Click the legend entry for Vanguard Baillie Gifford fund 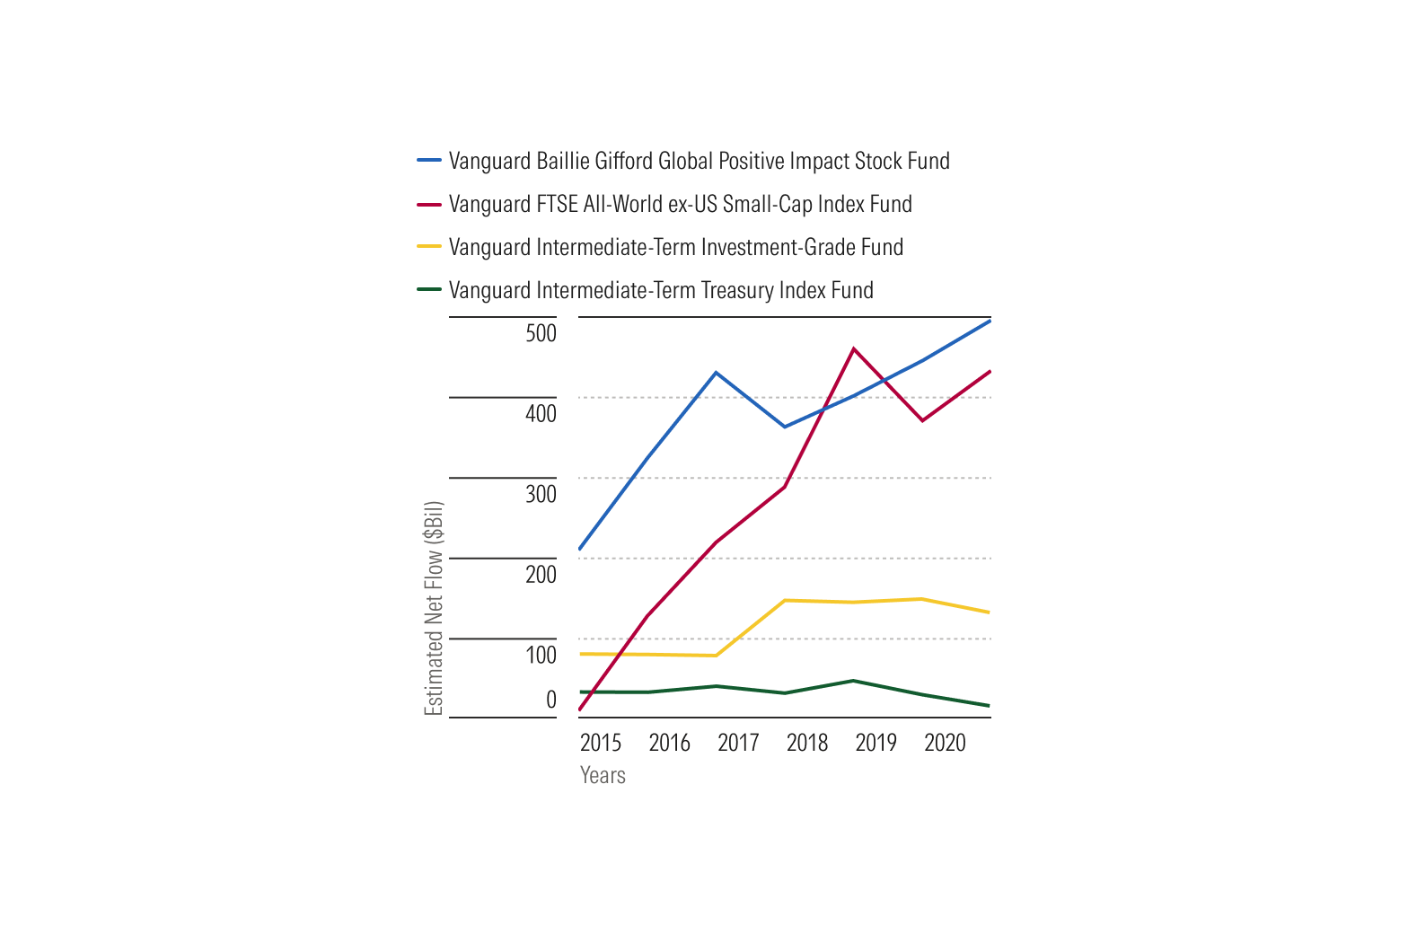[699, 161]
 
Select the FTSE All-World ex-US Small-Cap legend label [680, 204]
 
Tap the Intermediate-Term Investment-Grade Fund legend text [675, 247]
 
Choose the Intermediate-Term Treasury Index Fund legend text [661, 290]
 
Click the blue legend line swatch [429, 160]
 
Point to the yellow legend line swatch [429, 246]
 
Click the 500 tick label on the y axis [541, 333]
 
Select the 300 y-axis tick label [541, 494]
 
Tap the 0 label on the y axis [551, 699]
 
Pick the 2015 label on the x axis [600, 743]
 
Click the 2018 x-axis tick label [807, 743]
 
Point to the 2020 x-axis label [945, 743]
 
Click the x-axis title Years [603, 776]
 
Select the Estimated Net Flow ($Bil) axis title [434, 608]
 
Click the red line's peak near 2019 [853, 348]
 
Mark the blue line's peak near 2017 [716, 373]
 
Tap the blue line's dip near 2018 [785, 427]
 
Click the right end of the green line [990, 706]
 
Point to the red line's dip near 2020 [922, 420]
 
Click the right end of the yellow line [990, 612]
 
